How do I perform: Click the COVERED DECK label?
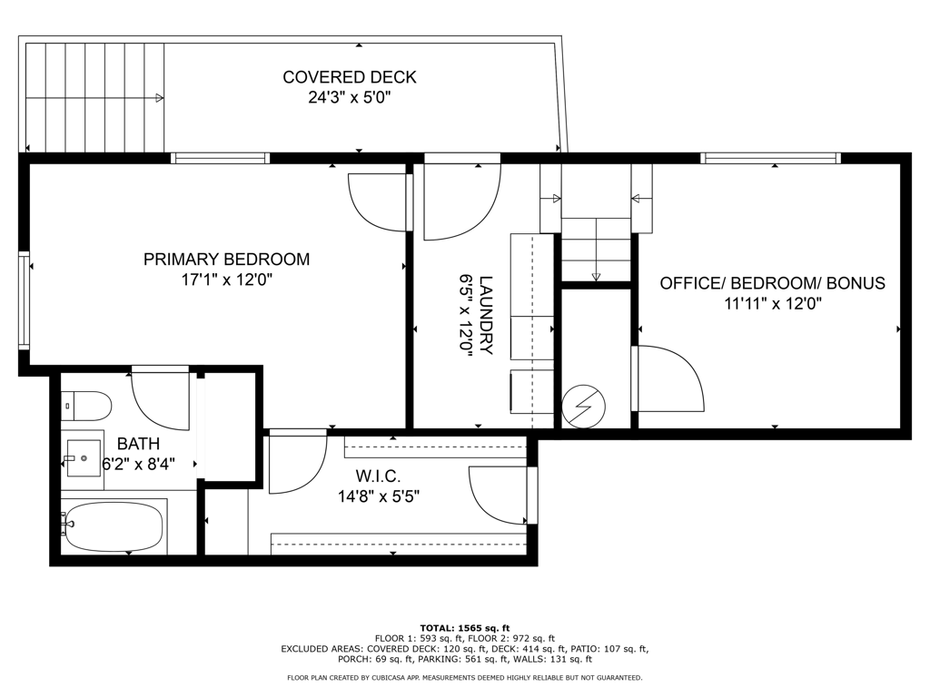coord(350,77)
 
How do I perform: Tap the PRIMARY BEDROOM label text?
coord(226,259)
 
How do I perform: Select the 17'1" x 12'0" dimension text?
coord(226,280)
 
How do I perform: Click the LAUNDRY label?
coord(486,315)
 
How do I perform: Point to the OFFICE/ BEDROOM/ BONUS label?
coord(772,283)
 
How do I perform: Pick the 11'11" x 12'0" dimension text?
coord(772,304)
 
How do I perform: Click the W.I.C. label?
coord(379,476)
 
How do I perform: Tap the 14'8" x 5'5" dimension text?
coord(379,496)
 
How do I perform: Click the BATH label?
coord(138,443)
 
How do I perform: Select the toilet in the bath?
coord(86,406)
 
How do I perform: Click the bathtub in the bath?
coord(114,526)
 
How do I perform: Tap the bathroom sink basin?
coord(83,458)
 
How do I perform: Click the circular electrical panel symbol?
coord(584,407)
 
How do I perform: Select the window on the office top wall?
coord(770,158)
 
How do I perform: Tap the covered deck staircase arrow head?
coord(160,98)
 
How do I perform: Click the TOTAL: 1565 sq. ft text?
coord(465,628)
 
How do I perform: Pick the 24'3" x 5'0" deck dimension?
coord(350,97)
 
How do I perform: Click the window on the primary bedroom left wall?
coord(24,300)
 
